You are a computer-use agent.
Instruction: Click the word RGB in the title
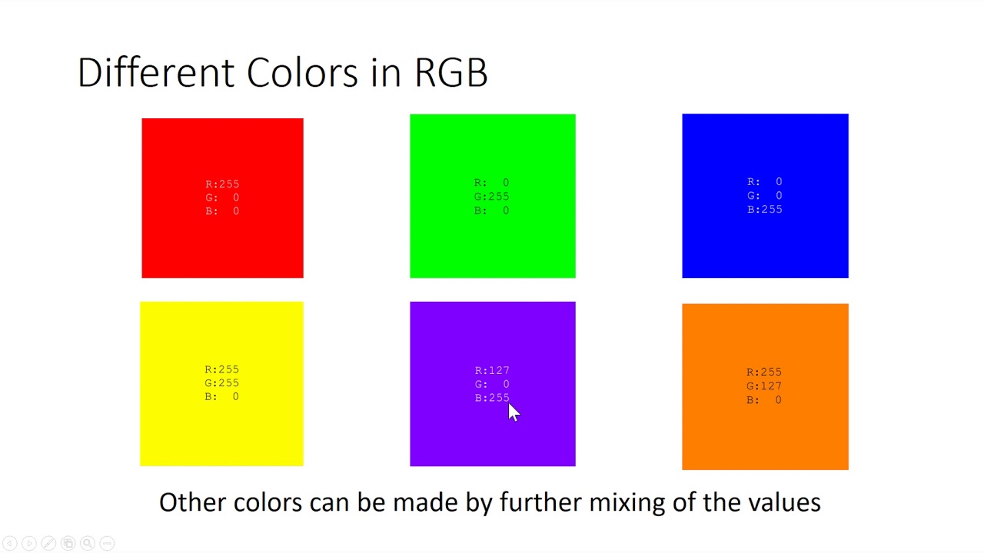click(450, 73)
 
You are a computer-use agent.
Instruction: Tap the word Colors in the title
click(302, 73)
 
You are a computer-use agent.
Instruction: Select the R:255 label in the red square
click(222, 184)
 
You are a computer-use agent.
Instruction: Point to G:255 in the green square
click(491, 197)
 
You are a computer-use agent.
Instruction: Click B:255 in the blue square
click(764, 209)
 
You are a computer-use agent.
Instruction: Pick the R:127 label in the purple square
click(492, 370)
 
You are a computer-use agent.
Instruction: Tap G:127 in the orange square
click(764, 386)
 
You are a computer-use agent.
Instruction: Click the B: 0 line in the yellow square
click(222, 396)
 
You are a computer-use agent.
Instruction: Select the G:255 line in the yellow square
click(222, 382)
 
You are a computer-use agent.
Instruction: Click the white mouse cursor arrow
click(514, 412)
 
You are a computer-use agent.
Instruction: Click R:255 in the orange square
click(764, 373)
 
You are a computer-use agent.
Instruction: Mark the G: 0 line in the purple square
click(492, 384)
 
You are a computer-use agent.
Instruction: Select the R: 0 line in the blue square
click(764, 182)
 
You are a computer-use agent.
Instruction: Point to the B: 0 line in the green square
click(491, 210)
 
